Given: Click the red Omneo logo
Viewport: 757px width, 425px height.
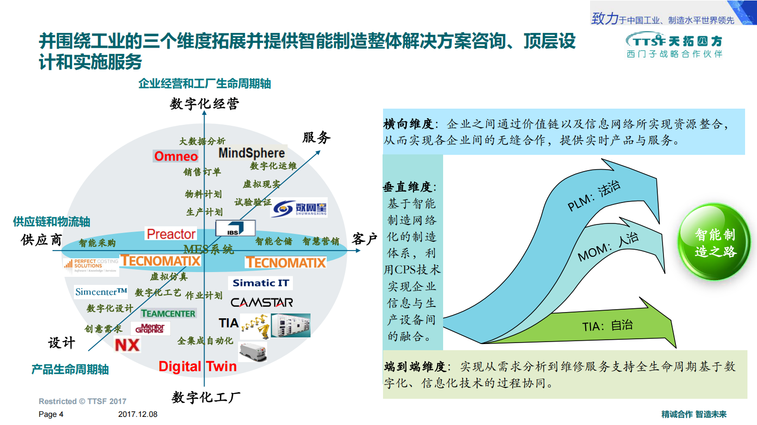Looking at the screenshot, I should click(x=176, y=156).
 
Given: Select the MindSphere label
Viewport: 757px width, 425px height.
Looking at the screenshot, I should click(x=251, y=153).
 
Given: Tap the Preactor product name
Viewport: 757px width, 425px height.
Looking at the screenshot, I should click(x=171, y=234).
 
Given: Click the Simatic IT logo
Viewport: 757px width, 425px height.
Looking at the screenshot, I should click(x=260, y=283).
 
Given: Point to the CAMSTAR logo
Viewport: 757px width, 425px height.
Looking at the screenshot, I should click(x=261, y=303).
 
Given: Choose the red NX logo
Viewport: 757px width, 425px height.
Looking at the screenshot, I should click(x=127, y=345).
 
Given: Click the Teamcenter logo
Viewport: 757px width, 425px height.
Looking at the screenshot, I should click(x=168, y=314).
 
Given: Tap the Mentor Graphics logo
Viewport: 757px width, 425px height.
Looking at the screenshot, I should click(x=150, y=328).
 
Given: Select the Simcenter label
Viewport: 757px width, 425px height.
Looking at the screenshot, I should click(x=101, y=292).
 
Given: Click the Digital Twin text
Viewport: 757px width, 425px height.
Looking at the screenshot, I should click(x=197, y=366).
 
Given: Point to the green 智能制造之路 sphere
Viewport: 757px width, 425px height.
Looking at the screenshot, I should click(x=714, y=242).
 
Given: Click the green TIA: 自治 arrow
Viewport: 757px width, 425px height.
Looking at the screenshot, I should click(x=607, y=326).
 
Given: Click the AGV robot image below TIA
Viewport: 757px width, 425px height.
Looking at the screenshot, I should click(x=253, y=352).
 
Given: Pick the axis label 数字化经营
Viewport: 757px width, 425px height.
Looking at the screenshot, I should click(x=204, y=103).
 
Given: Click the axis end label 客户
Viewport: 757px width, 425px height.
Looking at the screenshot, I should click(x=364, y=239).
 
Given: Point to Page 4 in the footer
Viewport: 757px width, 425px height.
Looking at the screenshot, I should click(x=51, y=414).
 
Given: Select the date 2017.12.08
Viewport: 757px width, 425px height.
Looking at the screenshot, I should click(x=137, y=414).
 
